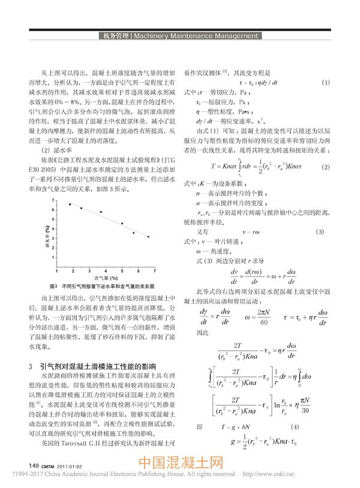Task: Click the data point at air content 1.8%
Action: [70, 204]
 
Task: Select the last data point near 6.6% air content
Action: [148, 237]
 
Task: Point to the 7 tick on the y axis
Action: [55, 200]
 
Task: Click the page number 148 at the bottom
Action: [34, 465]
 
